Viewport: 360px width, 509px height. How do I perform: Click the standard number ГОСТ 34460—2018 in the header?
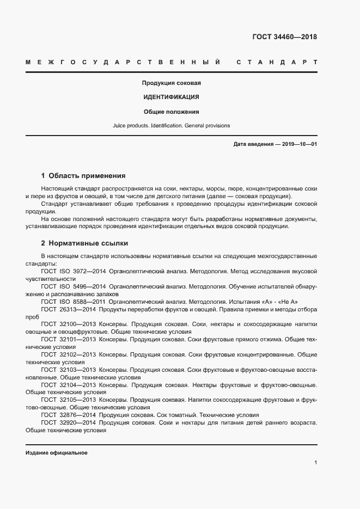click(284, 38)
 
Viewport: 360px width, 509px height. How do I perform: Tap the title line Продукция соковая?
click(172, 83)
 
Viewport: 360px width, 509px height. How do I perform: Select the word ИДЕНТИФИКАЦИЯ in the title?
click(171, 97)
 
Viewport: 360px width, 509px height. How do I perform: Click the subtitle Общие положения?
click(171, 112)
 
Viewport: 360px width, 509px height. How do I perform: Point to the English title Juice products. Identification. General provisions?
click(171, 126)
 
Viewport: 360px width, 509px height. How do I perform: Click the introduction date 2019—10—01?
click(298, 144)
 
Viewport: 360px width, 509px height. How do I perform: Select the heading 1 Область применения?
click(83, 176)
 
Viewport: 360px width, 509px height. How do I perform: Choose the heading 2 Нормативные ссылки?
click(84, 243)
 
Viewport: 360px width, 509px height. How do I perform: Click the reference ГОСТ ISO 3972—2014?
click(73, 271)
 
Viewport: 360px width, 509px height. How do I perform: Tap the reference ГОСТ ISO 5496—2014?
click(73, 286)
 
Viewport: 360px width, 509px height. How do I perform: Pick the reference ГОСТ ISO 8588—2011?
click(73, 302)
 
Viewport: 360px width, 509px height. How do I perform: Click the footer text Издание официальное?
click(57, 453)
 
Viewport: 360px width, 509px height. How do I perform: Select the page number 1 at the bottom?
click(315, 463)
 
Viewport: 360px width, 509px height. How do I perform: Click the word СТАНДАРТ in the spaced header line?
click(277, 62)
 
